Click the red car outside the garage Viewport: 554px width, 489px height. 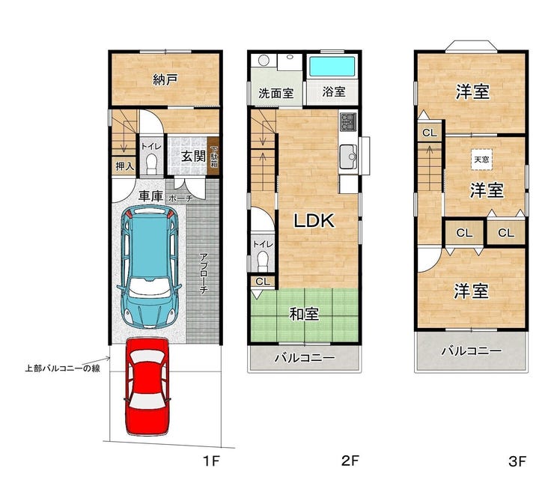(x=147, y=386)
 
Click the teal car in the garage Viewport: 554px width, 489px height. (x=150, y=267)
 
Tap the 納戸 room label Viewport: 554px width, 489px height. (x=165, y=79)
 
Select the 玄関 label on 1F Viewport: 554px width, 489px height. (x=194, y=156)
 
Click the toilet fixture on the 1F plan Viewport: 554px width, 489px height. (x=151, y=164)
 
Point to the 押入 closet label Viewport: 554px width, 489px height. (x=125, y=166)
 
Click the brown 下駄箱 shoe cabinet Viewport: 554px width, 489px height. (x=213, y=157)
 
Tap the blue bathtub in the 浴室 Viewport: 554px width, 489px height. (x=332, y=67)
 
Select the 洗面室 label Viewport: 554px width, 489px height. (x=276, y=94)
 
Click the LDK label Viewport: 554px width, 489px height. (x=314, y=221)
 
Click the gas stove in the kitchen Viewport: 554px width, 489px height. (x=348, y=122)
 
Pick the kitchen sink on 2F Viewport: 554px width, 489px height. (x=348, y=157)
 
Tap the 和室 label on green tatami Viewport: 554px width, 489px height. (x=304, y=314)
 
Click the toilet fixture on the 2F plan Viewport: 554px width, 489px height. (x=263, y=261)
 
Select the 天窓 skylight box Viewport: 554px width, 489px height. (x=481, y=160)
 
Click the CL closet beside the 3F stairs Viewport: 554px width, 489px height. (x=430, y=133)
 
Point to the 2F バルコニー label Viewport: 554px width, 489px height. (x=305, y=358)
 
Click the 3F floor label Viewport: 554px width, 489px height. (x=517, y=461)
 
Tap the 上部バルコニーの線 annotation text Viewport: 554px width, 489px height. (x=63, y=368)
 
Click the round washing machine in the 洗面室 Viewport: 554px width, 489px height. (x=264, y=61)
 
